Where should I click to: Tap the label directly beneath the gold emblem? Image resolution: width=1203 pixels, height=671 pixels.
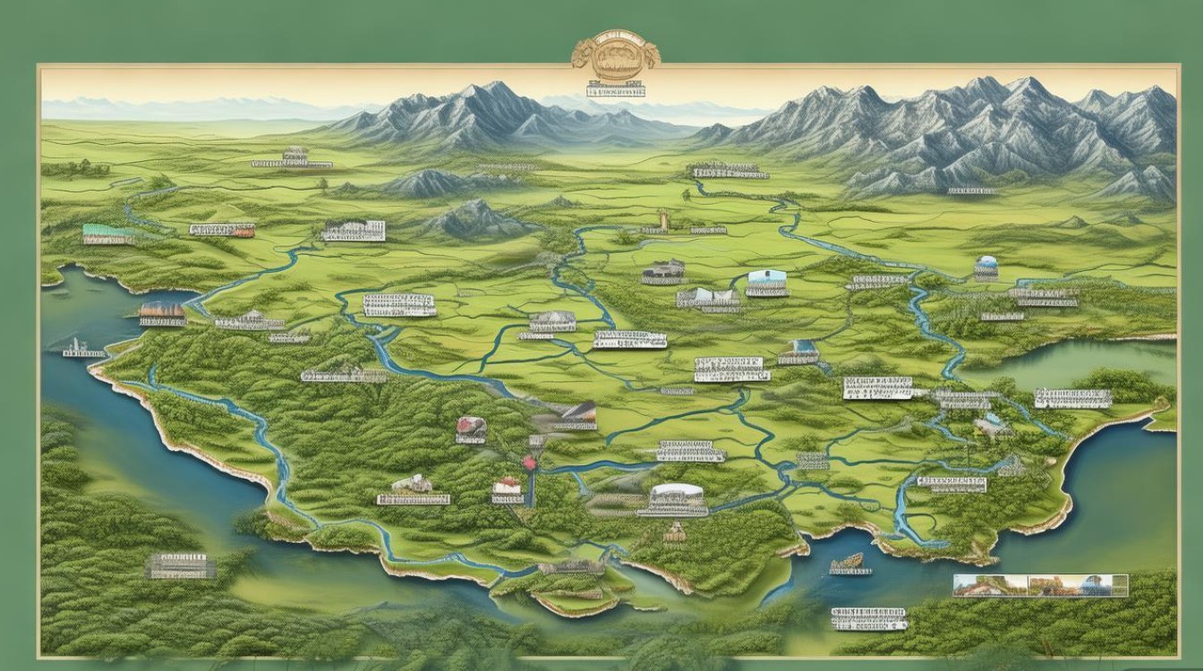615,89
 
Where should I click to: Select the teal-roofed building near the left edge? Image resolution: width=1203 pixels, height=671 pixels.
107,234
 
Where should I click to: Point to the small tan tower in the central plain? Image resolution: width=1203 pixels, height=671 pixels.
663,219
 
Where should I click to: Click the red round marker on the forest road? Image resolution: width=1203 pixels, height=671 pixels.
529,463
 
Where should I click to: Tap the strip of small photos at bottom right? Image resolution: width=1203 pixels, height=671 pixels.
1040,585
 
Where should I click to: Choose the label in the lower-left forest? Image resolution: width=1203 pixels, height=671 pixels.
180,565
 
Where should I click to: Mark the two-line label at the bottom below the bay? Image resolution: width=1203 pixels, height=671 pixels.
868,618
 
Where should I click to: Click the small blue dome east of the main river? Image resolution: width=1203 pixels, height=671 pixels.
985,266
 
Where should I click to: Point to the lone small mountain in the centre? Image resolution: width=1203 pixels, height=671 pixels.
475,218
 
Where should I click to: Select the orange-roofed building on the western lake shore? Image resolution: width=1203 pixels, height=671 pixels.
162,312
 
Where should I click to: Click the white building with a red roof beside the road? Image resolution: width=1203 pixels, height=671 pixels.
507,488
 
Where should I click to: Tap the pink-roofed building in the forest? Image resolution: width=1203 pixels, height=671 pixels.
471,428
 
